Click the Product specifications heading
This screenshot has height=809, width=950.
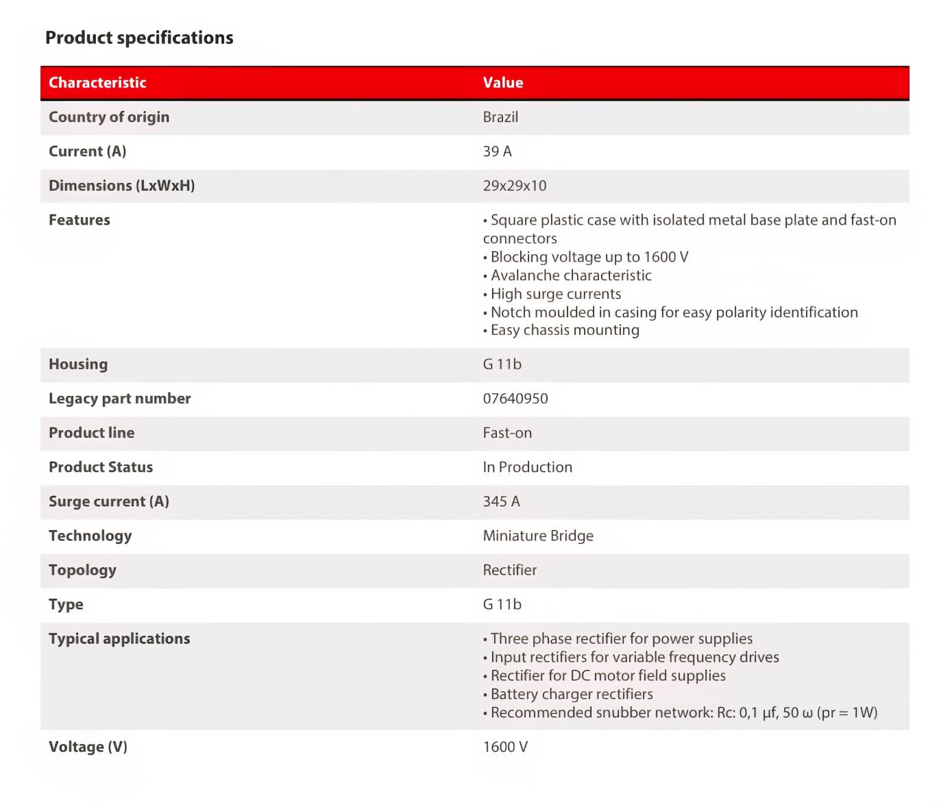pyautogui.click(x=139, y=38)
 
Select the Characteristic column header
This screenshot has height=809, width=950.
pyautogui.click(x=97, y=83)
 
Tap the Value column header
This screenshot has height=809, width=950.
pyautogui.click(x=502, y=83)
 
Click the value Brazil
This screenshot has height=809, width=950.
pyautogui.click(x=500, y=117)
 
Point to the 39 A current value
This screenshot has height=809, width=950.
pyautogui.click(x=497, y=151)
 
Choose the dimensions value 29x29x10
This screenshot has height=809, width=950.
pyautogui.click(x=515, y=186)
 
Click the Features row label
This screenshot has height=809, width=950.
pyautogui.click(x=80, y=220)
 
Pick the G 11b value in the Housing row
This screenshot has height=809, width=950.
pyautogui.click(x=502, y=364)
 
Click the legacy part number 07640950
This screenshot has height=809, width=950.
pyautogui.click(x=515, y=399)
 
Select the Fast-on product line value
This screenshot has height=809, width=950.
pyautogui.click(x=507, y=433)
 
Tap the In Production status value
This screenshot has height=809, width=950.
pyautogui.click(x=527, y=467)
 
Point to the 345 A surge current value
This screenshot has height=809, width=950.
pyautogui.click(x=501, y=501)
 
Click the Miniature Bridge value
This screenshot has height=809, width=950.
pyautogui.click(x=538, y=536)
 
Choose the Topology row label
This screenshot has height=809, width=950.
pyautogui.click(x=82, y=570)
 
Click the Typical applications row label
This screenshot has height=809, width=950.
pyautogui.click(x=119, y=638)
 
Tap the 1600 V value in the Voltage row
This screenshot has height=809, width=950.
pyautogui.click(x=505, y=747)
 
